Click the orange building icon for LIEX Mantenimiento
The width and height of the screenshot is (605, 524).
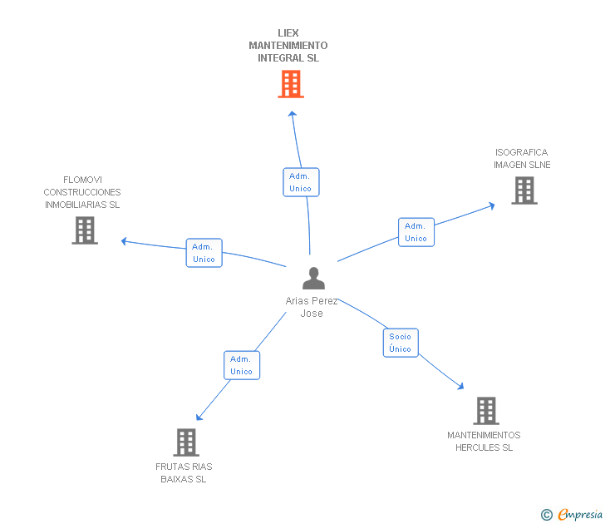[290, 84]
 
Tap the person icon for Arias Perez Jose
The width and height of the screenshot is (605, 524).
[313, 278]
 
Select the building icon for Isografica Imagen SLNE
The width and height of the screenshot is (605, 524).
[524, 190]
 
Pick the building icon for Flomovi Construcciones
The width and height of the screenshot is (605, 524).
[85, 230]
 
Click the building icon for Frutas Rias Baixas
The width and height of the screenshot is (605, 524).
[186, 442]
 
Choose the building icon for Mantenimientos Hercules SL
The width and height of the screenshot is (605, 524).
[485, 411]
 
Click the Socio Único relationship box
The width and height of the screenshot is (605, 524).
[401, 343]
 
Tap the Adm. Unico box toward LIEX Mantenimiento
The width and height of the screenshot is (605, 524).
[300, 182]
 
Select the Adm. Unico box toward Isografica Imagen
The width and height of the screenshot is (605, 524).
[416, 232]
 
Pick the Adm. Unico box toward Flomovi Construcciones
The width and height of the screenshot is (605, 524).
[204, 253]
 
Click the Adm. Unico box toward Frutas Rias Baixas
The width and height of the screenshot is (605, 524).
[241, 365]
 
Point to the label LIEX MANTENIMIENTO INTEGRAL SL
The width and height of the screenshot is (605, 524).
[288, 46]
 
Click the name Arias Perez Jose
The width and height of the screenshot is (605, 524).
[312, 307]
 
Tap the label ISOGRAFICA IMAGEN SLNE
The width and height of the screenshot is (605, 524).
[522, 158]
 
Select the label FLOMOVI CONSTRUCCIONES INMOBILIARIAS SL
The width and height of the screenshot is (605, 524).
[82, 192]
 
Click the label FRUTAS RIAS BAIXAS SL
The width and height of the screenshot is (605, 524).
[184, 472]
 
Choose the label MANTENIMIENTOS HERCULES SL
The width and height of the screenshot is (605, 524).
[484, 441]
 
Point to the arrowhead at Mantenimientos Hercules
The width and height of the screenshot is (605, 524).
[460, 386]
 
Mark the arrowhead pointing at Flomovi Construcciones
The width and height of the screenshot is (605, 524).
[124, 241]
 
